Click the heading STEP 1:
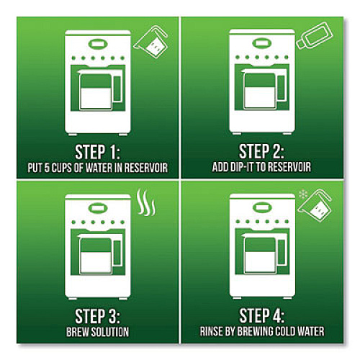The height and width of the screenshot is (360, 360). pyautogui.click(x=97, y=152)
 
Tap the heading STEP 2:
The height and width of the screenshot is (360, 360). pyautogui.click(x=261, y=151)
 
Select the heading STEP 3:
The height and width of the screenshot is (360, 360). pyautogui.click(x=97, y=316)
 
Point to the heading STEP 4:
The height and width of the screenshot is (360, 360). pyautogui.click(x=262, y=315)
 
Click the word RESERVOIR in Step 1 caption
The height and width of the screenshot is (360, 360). pyautogui.click(x=145, y=168)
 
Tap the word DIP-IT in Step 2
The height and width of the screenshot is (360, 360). pyautogui.click(x=242, y=167)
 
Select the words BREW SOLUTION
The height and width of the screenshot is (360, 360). pyautogui.click(x=97, y=332)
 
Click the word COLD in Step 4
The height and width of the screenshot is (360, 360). pyautogui.click(x=286, y=331)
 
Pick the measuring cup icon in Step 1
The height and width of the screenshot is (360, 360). pyautogui.click(x=150, y=42)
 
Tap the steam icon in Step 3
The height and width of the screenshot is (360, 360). pyautogui.click(x=145, y=202)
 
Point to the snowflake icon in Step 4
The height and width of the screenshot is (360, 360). pyautogui.click(x=303, y=195)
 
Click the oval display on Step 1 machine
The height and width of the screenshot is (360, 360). pyautogui.click(x=98, y=44)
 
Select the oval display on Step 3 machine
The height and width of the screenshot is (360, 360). pyautogui.click(x=98, y=208)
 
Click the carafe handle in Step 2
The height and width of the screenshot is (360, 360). pyautogui.click(x=282, y=88)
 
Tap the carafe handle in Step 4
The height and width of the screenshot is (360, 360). pyautogui.click(x=282, y=252)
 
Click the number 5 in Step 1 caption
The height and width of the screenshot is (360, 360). pyautogui.click(x=47, y=168)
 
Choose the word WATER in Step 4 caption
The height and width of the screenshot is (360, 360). pyautogui.click(x=311, y=331)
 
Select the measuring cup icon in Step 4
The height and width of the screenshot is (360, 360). pyautogui.click(x=315, y=206)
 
